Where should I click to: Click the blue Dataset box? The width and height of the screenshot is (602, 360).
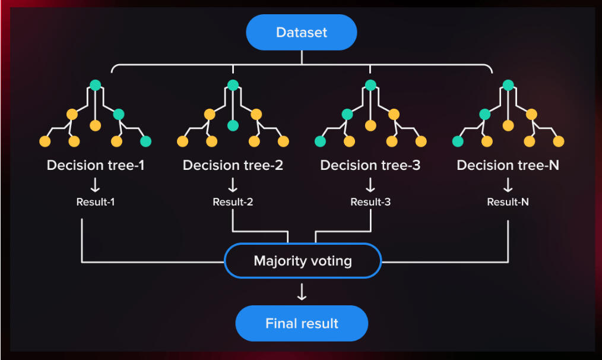tap(302, 32)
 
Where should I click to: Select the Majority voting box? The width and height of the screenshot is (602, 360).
tap(302, 261)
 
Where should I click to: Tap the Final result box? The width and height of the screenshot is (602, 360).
tap(302, 324)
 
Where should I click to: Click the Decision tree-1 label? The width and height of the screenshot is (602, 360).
tap(96, 165)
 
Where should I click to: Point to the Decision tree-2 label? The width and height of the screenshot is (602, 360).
tap(233, 165)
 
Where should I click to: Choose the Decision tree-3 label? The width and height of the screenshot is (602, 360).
tap(370, 165)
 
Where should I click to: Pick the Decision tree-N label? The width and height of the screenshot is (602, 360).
tap(508, 165)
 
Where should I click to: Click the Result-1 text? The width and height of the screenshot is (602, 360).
tap(96, 202)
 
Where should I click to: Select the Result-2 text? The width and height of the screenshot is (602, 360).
tap(233, 202)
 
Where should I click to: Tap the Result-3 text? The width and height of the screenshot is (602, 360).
tap(370, 202)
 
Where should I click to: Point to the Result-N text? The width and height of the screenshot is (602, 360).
tap(508, 202)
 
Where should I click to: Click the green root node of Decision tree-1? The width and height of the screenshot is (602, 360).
tap(95, 85)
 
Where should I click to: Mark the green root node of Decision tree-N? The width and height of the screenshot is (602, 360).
tap(508, 85)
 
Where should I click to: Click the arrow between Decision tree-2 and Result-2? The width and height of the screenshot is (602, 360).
tap(233, 185)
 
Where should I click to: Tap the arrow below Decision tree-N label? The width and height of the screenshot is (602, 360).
tap(508, 185)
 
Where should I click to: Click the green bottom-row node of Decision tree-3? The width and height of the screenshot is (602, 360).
tap(320, 141)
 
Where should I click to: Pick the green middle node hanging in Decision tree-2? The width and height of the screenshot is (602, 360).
tap(233, 125)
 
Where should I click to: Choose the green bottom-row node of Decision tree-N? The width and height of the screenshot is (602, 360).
tap(458, 141)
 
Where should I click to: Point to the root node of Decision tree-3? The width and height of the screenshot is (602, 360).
tap(370, 85)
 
